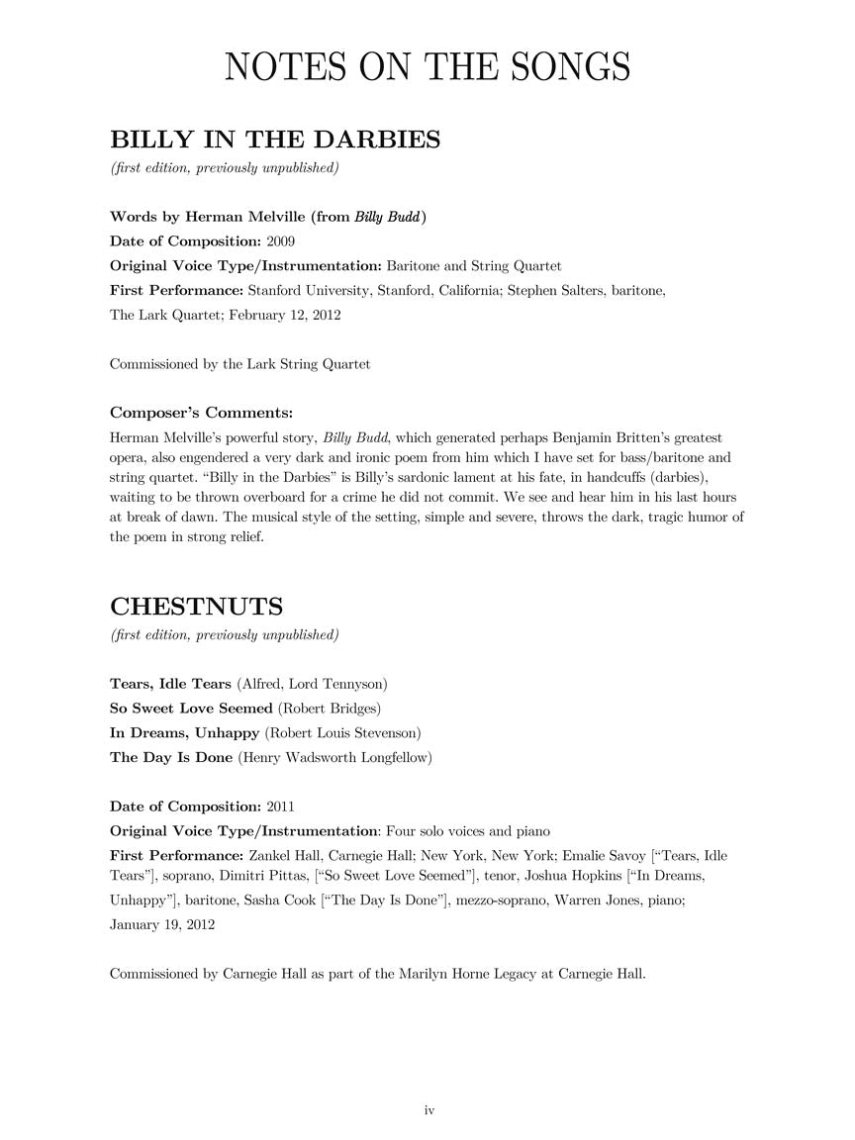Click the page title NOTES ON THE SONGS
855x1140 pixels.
pos(427,67)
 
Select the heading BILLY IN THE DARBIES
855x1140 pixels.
pos(275,140)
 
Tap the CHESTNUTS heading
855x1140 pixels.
pos(196,606)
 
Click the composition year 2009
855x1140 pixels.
pos(280,241)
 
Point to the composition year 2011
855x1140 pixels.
pos(280,807)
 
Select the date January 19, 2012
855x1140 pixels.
pos(162,924)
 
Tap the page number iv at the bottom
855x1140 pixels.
pos(429,1110)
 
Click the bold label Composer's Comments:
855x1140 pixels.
pos(201,413)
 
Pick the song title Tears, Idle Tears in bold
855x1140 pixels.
pos(170,684)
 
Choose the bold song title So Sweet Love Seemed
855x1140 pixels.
pos(191,709)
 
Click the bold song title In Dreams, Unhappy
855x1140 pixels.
pos(184,733)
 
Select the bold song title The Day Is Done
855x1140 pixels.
pos(171,758)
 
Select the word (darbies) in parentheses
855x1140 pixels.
pos(666,477)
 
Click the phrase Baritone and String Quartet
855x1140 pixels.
pos(473,266)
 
